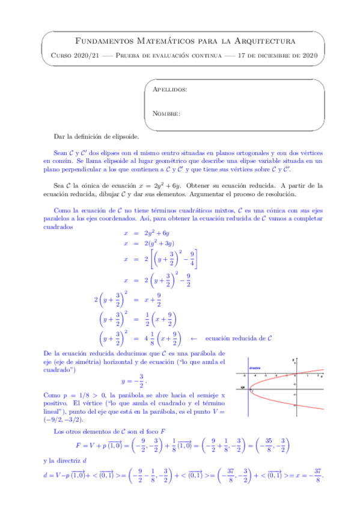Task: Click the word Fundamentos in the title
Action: [x=100, y=41]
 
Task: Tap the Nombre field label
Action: [x=166, y=113]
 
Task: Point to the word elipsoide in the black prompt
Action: [x=124, y=137]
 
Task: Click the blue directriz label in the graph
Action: [x=255, y=367]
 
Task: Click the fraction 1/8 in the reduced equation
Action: [x=149, y=339]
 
